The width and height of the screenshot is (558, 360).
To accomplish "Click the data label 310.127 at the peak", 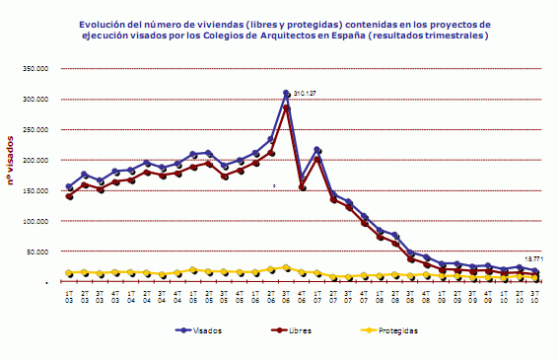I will (305, 93).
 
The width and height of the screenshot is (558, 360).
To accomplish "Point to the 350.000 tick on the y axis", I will (33, 69).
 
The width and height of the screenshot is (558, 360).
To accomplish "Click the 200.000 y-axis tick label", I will (33, 160).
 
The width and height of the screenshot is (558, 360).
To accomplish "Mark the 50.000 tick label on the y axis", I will (35, 252).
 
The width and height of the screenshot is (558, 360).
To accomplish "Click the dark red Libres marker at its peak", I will (287, 107).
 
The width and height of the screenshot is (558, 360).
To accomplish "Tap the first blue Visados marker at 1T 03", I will (69, 186).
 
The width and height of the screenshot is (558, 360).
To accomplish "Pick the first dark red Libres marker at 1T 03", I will (69, 196).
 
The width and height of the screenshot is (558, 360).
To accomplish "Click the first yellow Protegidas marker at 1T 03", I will (69, 273).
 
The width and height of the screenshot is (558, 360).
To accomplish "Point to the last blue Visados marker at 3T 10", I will (535, 270).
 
